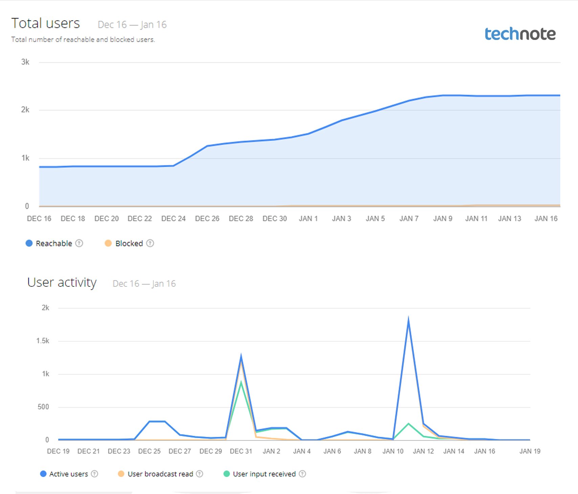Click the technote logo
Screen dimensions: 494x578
(520, 34)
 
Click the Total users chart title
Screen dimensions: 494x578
(46, 23)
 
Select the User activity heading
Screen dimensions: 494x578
(62, 282)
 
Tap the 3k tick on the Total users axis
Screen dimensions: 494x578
(25, 62)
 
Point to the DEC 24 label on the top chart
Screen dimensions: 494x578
(173, 219)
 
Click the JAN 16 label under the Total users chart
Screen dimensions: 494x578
(546, 219)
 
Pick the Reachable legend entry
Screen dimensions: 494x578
(53, 243)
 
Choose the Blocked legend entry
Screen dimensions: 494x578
(129, 243)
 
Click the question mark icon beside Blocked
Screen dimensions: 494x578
(150, 243)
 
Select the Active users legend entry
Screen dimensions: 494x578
(68, 474)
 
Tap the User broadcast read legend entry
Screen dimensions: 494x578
(160, 474)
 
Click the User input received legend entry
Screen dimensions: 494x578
(264, 474)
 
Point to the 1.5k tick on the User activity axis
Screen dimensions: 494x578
(43, 341)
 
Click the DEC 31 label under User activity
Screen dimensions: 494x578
(241, 451)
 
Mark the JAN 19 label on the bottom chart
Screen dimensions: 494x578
(530, 451)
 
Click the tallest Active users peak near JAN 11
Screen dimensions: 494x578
(408, 319)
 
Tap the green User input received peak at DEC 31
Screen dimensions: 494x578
(241, 382)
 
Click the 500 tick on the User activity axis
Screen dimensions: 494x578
(43, 407)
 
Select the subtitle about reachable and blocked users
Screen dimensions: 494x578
(83, 40)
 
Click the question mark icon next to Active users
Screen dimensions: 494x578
(95, 474)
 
